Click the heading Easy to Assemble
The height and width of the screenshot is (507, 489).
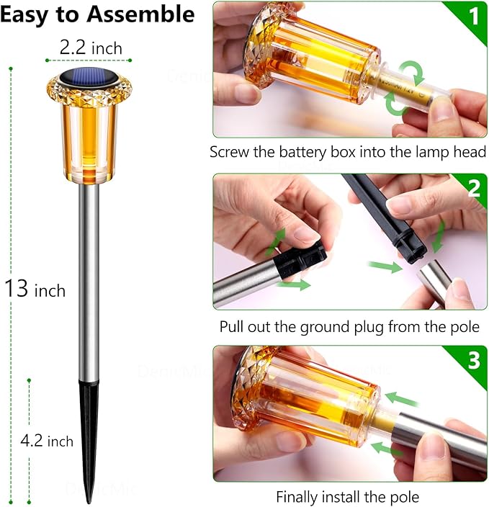point(97,14)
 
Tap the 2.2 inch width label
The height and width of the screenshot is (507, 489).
point(91,48)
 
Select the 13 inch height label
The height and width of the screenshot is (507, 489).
point(35,290)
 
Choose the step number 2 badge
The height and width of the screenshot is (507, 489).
point(473,189)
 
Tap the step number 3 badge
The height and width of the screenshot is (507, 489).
point(473,361)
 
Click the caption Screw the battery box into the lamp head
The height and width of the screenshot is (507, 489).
point(348,153)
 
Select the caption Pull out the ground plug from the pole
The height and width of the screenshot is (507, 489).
point(349,326)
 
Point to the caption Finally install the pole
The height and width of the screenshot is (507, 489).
point(348,497)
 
